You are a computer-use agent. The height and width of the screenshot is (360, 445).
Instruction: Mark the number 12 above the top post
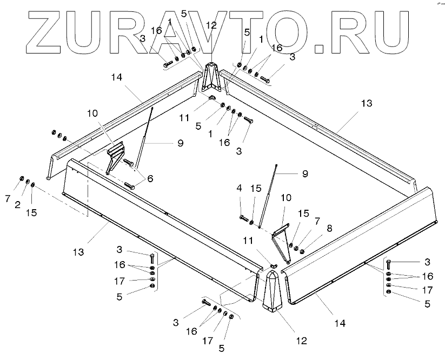tap(211, 25)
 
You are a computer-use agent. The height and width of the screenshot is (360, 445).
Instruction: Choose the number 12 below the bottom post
tap(301, 341)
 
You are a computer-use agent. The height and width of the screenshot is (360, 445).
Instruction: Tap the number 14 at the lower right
tap(339, 324)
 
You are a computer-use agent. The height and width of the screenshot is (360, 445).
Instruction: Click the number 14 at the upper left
tap(117, 78)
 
